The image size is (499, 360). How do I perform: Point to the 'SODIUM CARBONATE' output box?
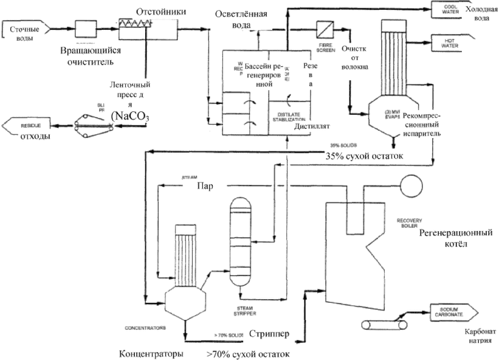(x=449, y=311)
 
